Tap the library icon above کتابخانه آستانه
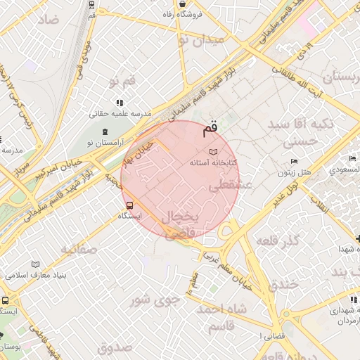click(214, 152)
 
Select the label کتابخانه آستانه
click(214, 162)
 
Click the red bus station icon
click(129, 205)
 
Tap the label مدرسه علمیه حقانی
click(118, 113)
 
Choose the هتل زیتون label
click(295, 172)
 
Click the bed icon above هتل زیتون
click(295, 162)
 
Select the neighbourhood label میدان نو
click(202, 40)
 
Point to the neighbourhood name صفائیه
click(77, 249)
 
